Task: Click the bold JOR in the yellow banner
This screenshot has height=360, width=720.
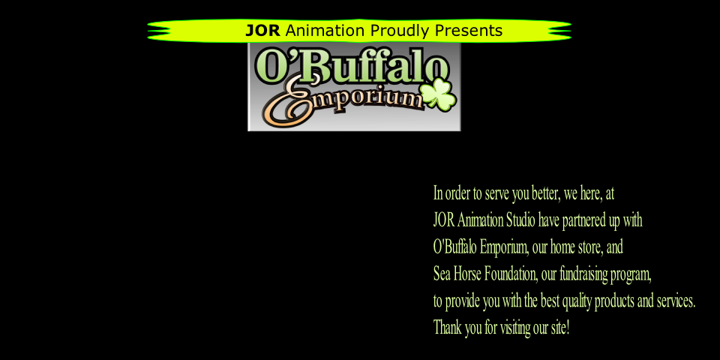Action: click(x=262, y=31)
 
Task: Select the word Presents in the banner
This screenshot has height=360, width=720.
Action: click(x=469, y=31)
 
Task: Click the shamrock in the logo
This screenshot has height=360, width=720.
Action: click(x=439, y=94)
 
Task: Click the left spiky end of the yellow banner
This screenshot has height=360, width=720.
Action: click(x=159, y=31)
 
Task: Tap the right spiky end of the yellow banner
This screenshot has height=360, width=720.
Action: click(x=559, y=31)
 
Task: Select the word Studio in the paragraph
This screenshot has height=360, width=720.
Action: click(x=520, y=220)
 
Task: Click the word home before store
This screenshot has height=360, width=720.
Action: click(x=562, y=248)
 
